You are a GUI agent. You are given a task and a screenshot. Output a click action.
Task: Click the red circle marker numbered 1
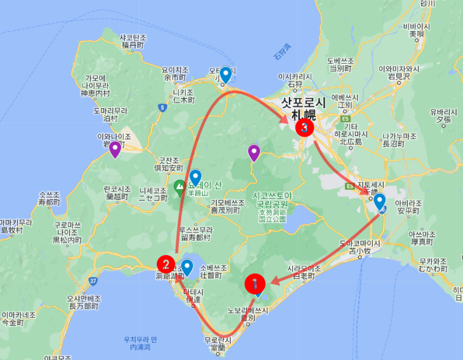click(255, 284)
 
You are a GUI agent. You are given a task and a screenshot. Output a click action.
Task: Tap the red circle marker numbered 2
click(166, 265)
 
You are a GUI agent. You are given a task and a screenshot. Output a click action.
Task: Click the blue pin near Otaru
click(226, 75)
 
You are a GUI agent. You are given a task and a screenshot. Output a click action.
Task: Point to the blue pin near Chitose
click(380, 201)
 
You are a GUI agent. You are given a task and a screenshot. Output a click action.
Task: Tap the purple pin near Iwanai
click(115, 149)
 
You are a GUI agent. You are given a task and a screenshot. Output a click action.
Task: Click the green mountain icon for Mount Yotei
click(180, 187)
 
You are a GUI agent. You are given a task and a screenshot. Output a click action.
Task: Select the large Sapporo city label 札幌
click(303, 115)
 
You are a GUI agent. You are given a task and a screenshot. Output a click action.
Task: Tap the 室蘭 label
click(218, 347)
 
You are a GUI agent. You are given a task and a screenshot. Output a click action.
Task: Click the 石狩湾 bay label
click(283, 54)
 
